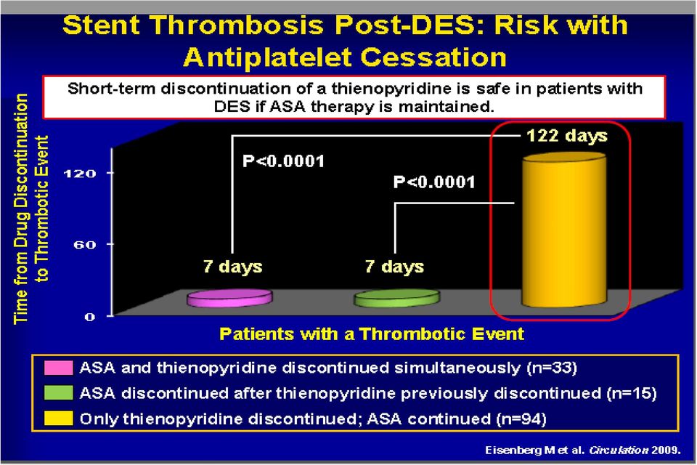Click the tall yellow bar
click(563, 230)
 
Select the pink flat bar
click(229, 298)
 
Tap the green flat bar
click(396, 298)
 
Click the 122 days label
click(567, 135)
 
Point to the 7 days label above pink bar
click(233, 266)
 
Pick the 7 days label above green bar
click(394, 266)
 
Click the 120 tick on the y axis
click(80, 173)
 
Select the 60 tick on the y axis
click(85, 244)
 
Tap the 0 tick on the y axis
click(90, 317)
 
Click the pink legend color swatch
click(58, 368)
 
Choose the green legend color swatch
click(58, 393)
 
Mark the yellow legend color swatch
click(58, 418)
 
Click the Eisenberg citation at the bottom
click(583, 450)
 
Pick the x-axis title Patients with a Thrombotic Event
click(372, 333)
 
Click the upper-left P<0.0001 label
click(284, 161)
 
